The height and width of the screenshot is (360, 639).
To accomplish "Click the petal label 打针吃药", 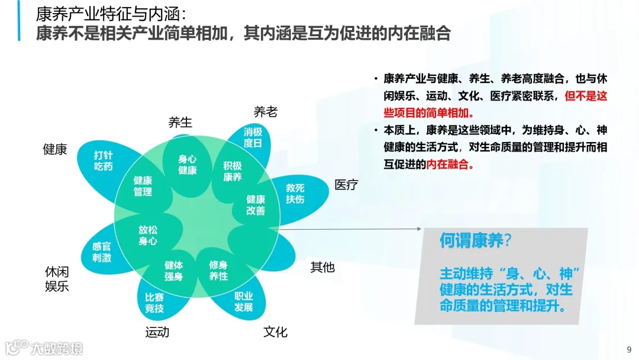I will (x=103, y=161).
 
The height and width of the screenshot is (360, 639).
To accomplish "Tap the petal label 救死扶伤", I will (x=295, y=193).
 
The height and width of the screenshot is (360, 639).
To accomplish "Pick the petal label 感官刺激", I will (x=101, y=252).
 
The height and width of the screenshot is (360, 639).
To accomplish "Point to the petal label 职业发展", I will (x=243, y=301).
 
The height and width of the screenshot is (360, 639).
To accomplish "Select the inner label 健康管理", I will (x=143, y=186).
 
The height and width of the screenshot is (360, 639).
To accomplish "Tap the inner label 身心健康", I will (x=187, y=165).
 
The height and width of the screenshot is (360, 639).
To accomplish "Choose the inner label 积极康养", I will (x=232, y=171).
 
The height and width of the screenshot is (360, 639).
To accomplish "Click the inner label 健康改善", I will (x=256, y=205).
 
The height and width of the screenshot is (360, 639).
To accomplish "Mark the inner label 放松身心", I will (x=148, y=235).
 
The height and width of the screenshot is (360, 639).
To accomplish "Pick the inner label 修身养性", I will (x=218, y=271).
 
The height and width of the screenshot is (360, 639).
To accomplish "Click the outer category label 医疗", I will (x=346, y=185).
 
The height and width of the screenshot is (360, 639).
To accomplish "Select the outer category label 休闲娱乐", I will (x=57, y=279).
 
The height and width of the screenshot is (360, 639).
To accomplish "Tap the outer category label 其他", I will (x=322, y=267).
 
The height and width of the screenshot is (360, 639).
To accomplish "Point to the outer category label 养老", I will (x=265, y=112).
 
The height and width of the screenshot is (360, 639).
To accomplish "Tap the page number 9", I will (x=628, y=348).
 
